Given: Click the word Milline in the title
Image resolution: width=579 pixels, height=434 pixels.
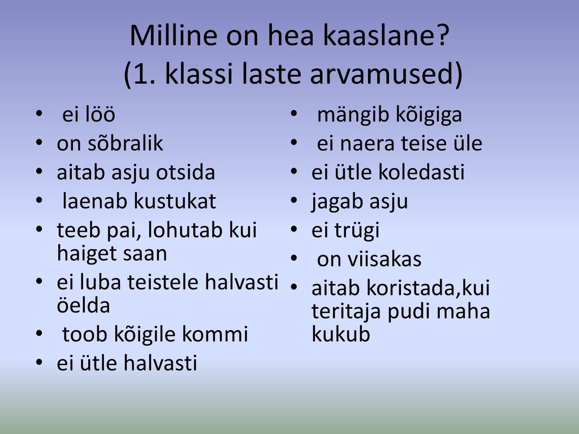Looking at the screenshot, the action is [174, 36].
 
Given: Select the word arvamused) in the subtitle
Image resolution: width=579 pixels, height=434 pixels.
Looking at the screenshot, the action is [386, 73].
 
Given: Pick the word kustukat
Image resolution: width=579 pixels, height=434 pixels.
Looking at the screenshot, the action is [175, 201].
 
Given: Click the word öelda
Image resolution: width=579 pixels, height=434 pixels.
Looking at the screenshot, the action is [84, 305].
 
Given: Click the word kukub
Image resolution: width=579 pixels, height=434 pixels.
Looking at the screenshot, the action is [341, 335].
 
